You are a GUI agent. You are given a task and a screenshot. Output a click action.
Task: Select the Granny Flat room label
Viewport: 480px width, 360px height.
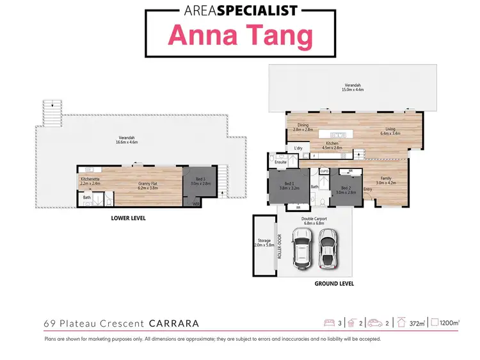148,186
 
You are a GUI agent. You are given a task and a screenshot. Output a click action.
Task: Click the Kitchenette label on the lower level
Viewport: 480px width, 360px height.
90,181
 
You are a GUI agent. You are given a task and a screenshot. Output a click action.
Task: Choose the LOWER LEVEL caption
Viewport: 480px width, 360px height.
129,218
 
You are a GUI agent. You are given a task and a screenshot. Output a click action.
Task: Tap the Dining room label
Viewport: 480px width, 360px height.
303,127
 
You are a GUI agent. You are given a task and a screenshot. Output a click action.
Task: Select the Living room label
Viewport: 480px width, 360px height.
390,131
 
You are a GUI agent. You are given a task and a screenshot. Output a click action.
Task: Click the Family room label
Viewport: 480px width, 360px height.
386,181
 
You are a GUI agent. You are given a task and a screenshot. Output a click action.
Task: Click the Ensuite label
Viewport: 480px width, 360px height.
280,163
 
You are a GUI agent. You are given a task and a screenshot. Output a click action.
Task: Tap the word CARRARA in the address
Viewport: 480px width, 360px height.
174,323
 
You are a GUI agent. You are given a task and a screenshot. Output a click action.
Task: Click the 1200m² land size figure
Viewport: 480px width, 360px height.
450,323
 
